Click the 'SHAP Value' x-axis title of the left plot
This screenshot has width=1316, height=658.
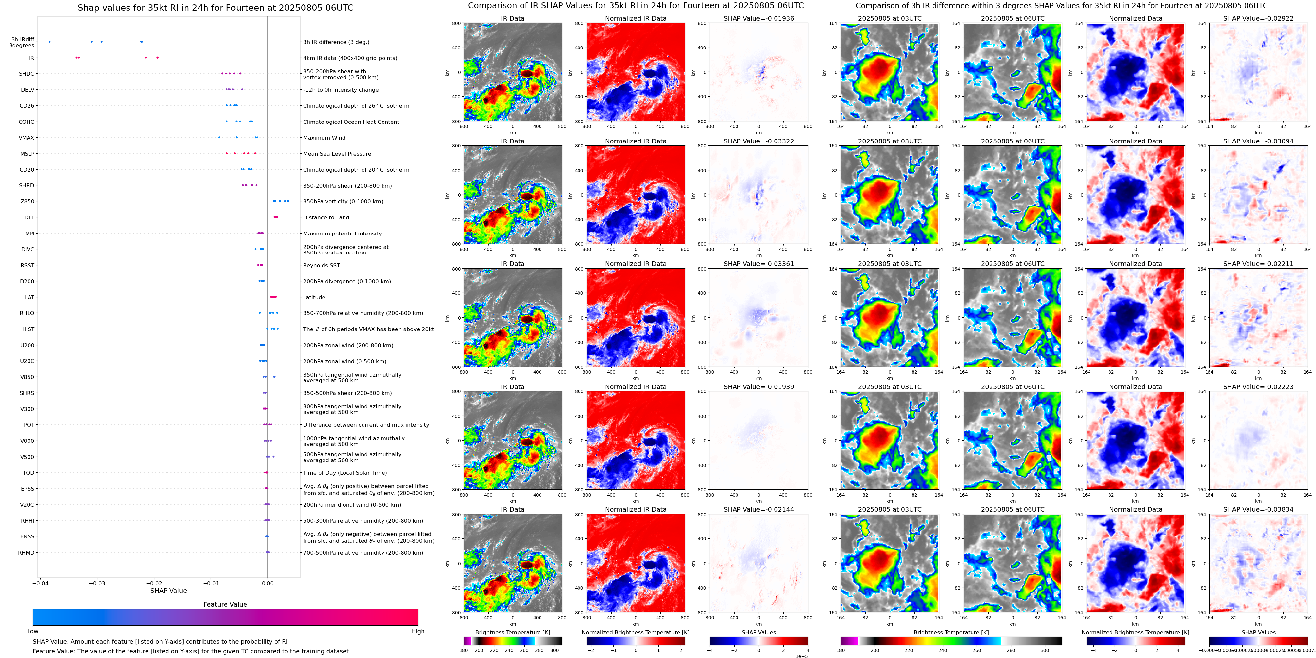click(x=168, y=591)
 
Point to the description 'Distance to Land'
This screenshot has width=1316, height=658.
click(x=326, y=217)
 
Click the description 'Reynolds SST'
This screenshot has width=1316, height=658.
click(x=321, y=265)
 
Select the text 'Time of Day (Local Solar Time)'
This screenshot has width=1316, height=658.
click(x=345, y=473)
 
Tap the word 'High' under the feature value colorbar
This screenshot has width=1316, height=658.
click(x=417, y=631)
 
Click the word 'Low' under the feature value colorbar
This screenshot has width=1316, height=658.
click(x=33, y=631)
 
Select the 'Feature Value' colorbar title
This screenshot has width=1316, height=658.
click(x=225, y=604)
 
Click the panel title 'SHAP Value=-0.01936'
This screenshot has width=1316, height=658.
click(x=759, y=18)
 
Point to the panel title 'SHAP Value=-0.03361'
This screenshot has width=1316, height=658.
click(x=759, y=264)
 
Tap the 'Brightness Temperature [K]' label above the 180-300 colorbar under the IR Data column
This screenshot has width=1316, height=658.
click(x=512, y=632)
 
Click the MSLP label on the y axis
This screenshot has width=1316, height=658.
click(x=27, y=154)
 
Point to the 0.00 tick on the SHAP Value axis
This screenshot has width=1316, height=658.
click(x=268, y=583)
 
